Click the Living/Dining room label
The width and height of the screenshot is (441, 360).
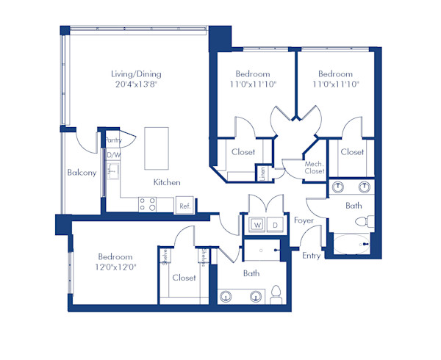tap(136, 74)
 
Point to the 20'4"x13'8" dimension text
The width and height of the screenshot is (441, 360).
tap(136, 84)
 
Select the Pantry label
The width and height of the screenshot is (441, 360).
tap(113, 140)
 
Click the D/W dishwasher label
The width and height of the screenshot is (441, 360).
tap(113, 156)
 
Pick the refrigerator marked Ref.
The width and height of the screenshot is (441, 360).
tap(184, 206)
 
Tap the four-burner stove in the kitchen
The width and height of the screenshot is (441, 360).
tap(147, 204)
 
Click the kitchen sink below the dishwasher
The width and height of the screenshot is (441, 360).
tap(112, 172)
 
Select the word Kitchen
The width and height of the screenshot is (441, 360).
tap(167, 182)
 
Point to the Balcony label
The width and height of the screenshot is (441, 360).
tap(82, 173)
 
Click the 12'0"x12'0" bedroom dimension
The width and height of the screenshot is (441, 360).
tap(115, 267)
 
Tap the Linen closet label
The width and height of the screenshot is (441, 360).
tap(262, 173)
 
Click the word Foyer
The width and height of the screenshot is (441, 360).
tap(304, 220)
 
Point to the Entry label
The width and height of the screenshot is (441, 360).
tap(312, 256)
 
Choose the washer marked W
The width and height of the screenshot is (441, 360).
tap(258, 223)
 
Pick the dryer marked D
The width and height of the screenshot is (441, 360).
tap(275, 223)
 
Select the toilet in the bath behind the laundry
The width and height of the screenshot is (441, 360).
tap(276, 294)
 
